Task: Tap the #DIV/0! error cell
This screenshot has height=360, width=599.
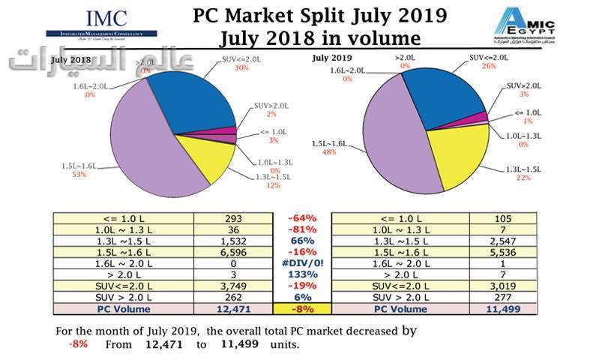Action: click(302, 265)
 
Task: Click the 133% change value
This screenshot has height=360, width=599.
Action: click(302, 277)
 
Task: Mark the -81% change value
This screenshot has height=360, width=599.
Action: click(302, 230)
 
